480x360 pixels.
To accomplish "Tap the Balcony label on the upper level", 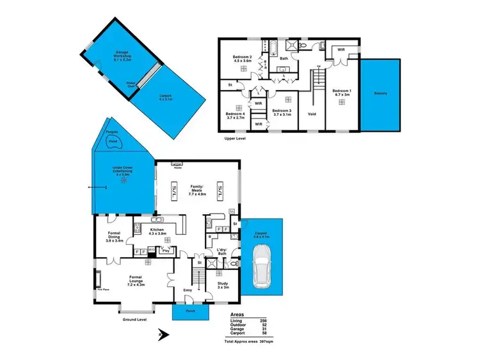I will coord(380,93).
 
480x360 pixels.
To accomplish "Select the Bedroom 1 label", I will coord(341,93).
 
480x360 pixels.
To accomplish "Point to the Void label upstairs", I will coord(312,114).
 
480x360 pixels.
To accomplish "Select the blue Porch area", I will coord(191,313).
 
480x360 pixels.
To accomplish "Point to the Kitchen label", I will coord(157,231).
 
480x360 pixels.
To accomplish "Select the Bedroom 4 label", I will coord(236,114).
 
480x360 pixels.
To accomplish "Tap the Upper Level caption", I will coord(237,137).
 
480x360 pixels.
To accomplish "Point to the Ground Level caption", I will coord(134,319).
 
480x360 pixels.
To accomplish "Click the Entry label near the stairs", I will coord(188,290).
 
